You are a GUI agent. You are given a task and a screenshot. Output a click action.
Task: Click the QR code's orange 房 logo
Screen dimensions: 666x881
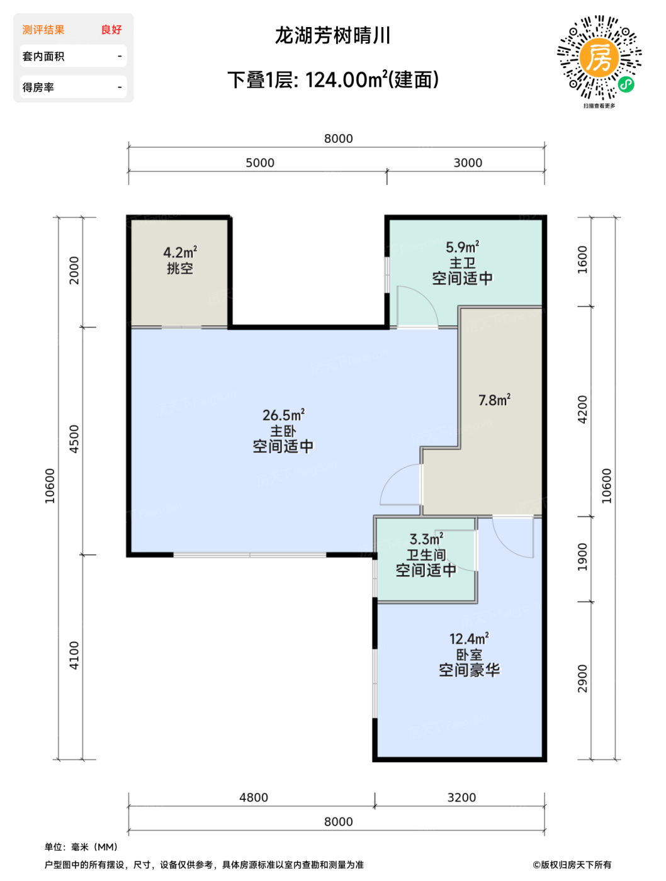pos(598,58)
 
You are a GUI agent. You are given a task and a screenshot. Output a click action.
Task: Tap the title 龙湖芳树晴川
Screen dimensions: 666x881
pos(332,36)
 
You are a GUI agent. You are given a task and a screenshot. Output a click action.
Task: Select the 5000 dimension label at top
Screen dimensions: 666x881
pos(260,162)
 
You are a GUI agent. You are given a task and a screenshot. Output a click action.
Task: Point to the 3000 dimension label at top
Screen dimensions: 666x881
pos(468,162)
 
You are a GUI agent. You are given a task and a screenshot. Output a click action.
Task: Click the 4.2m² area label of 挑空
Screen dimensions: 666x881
pos(180,252)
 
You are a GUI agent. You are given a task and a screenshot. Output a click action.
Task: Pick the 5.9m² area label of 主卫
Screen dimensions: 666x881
pos(462,247)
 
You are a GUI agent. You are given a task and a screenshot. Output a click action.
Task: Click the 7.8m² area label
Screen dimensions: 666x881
pos(494,400)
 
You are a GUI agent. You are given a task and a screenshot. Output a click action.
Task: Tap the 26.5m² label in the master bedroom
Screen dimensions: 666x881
pos(283,415)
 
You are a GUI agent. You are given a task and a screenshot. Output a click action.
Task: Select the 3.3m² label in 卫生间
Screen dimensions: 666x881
pos(426,539)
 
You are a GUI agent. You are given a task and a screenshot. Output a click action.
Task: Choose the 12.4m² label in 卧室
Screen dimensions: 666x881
pos(469,638)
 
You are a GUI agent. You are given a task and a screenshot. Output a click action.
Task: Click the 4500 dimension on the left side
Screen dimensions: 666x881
pos(74,439)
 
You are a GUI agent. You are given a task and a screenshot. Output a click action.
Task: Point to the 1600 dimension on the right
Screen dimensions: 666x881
pos(582,260)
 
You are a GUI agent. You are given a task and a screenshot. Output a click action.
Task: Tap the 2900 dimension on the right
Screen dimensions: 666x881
pos(582,679)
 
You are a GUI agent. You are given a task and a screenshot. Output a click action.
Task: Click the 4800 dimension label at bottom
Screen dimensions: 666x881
pos(253,797)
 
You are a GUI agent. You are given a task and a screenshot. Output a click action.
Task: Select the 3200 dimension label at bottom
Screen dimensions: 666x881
pos(461,797)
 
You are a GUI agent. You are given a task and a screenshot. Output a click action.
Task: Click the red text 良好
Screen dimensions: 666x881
pos(111,30)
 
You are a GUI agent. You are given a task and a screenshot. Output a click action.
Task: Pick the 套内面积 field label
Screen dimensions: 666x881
pos(43,56)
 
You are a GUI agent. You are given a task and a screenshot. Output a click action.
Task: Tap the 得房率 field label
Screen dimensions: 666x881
pos(38,87)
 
